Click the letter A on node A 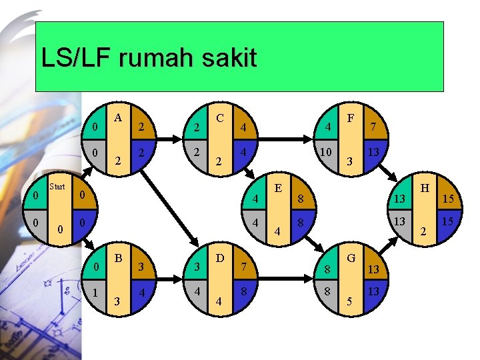[118, 118]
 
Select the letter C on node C [219, 118]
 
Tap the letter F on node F [351, 118]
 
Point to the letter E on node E [277, 189]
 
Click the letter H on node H [422, 189]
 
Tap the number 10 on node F [325, 153]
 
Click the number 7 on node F [375, 126]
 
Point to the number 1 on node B [97, 291]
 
